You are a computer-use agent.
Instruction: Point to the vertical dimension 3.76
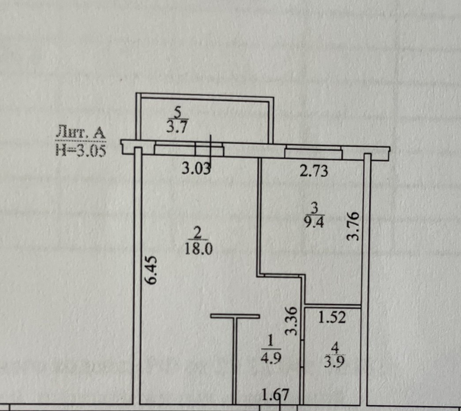click(x=355, y=226)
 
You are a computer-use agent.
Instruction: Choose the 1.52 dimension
click(x=331, y=317)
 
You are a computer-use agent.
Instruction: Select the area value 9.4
click(x=314, y=222)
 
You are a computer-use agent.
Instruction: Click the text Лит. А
click(x=81, y=131)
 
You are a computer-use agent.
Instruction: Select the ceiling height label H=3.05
click(x=81, y=151)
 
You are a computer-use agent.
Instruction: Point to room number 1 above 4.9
click(x=270, y=340)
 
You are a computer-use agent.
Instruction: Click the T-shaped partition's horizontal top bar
click(x=235, y=315)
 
